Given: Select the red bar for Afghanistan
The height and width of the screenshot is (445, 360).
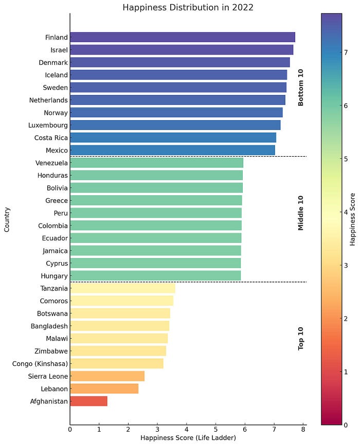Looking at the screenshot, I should [x=88, y=401].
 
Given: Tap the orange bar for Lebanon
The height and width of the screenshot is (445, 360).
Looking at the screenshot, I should [x=104, y=388].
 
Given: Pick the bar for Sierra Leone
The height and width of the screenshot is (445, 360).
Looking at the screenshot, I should [x=107, y=376].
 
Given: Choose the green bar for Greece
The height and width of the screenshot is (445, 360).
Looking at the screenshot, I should [x=156, y=200].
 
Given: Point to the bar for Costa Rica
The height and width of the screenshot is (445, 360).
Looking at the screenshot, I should [x=173, y=138].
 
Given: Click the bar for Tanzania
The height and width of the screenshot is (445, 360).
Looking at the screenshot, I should [x=122, y=288].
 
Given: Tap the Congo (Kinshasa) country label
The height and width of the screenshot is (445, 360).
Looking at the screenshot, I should [x=40, y=364].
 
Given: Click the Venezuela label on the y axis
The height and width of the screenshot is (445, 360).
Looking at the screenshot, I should [x=51, y=163].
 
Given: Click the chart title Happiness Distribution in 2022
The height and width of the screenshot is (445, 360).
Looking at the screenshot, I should [x=188, y=8].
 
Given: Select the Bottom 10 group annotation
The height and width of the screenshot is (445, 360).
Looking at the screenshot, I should [x=301, y=87].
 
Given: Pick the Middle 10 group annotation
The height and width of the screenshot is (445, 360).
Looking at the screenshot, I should [x=301, y=213].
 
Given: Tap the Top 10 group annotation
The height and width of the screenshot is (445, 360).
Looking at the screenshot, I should [x=301, y=339].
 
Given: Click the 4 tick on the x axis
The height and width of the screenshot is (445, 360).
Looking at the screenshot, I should [x=187, y=429].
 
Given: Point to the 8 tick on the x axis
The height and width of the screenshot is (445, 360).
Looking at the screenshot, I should [x=303, y=429].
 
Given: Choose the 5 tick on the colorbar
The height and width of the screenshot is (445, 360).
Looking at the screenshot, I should [x=345, y=159].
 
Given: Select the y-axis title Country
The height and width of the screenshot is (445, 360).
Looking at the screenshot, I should [x=7, y=219].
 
